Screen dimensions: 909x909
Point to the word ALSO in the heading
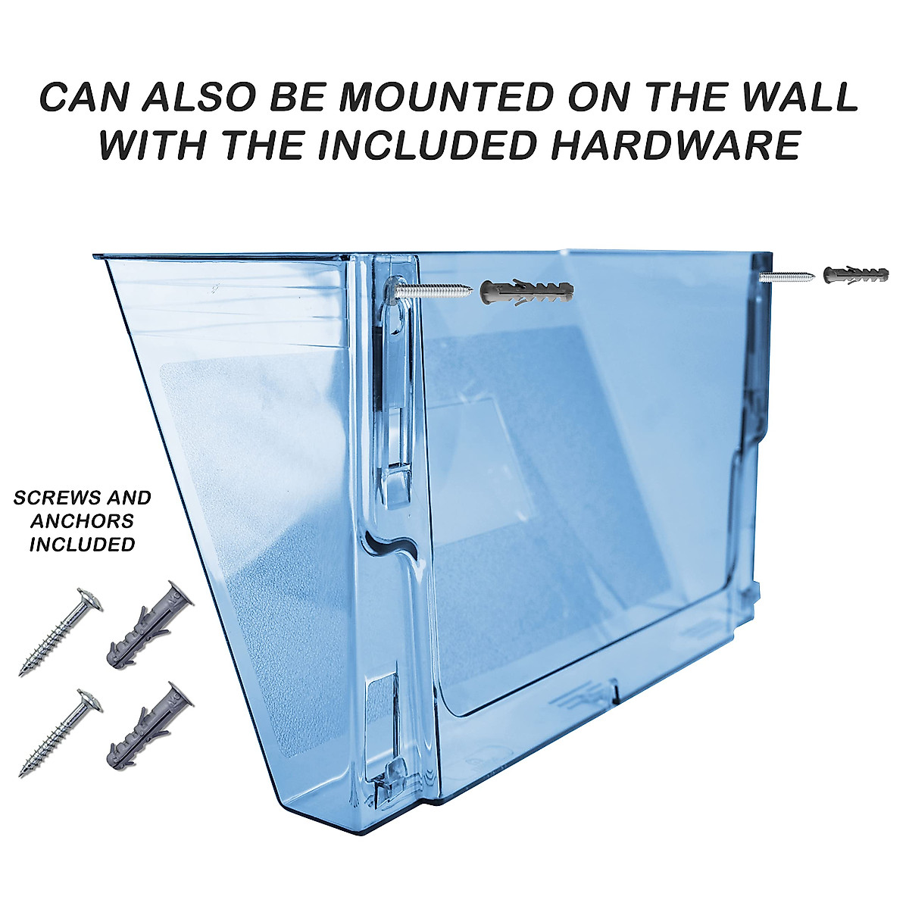214,98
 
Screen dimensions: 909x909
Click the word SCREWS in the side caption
51,498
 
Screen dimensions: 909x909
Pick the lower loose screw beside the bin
58,732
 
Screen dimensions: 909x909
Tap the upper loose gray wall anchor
149,626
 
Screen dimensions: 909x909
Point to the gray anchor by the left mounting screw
526,291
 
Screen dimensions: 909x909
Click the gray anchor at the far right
855,274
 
